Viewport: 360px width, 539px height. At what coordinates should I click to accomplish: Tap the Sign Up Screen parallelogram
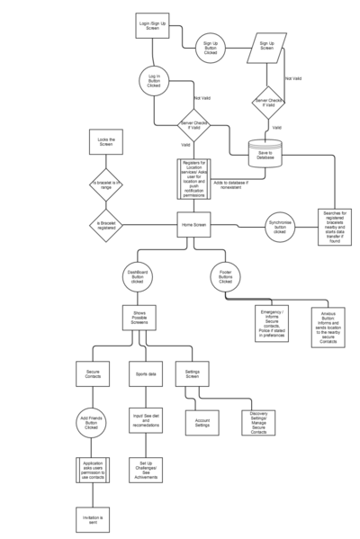[267, 47]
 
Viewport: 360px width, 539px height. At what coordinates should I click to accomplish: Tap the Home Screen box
[193, 224]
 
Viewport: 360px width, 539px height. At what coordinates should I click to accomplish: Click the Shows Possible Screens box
[139, 320]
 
